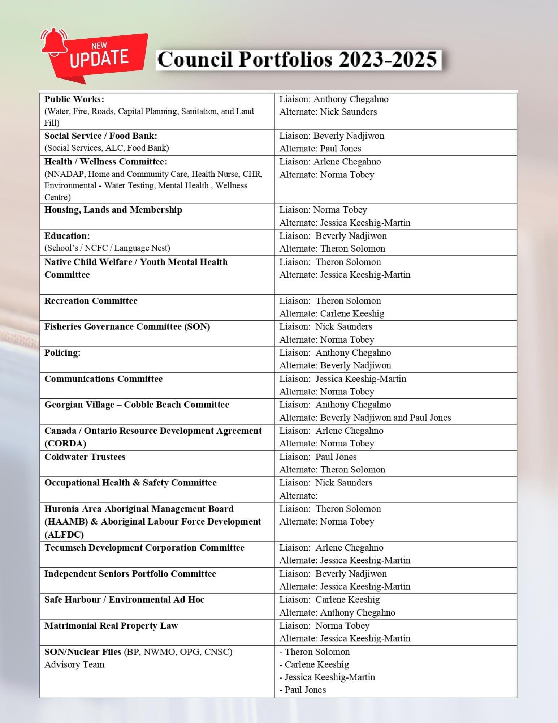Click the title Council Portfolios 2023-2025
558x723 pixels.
298,59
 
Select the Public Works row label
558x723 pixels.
74,99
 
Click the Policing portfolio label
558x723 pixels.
62,353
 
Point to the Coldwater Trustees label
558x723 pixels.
85,457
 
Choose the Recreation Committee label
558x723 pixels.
91,301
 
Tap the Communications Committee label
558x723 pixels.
103,379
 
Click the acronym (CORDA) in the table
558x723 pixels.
65,444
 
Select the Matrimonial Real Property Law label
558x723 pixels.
111,626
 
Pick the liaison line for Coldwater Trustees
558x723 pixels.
318,457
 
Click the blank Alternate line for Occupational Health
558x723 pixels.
298,496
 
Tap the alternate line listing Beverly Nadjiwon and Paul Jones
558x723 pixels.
365,418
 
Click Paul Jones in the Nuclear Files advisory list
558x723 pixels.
305,690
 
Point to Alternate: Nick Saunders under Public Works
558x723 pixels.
328,112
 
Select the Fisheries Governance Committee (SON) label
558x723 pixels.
127,327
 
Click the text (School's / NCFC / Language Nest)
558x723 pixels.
107,248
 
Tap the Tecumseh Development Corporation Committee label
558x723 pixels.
144,548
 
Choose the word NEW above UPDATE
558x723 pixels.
99,46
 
